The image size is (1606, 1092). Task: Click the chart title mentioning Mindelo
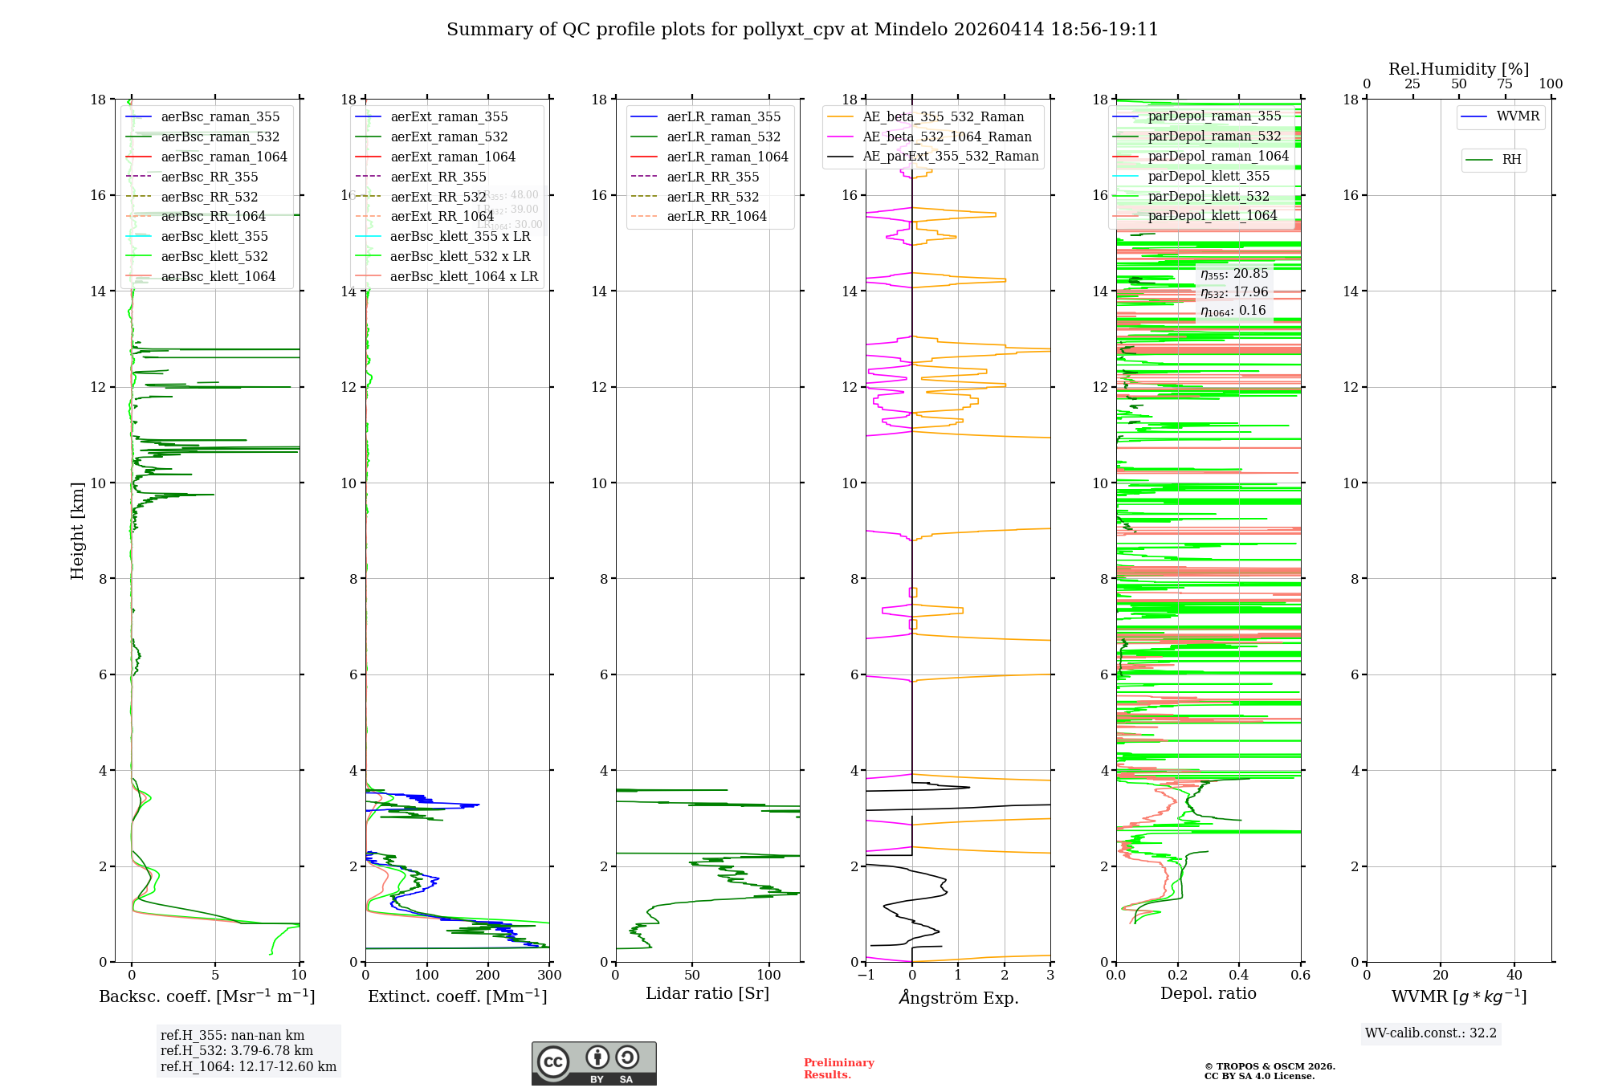pos(802,30)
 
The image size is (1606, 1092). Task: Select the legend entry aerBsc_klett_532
pos(214,256)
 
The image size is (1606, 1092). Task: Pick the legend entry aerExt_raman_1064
pos(453,157)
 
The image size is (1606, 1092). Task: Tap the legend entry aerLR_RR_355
pos(712,177)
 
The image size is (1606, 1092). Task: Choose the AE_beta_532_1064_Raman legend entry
pos(947,136)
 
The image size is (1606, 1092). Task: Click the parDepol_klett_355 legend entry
pos(1209,176)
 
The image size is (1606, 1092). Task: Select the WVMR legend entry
pos(1518,116)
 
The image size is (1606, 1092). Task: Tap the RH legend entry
pos(1511,160)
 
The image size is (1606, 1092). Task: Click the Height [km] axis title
pos(77,530)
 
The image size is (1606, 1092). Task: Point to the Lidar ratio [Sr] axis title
pos(707,993)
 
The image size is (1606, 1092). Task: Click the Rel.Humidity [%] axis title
pos(1458,69)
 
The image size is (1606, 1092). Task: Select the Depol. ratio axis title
pos(1208,993)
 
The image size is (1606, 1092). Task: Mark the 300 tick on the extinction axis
pos(549,975)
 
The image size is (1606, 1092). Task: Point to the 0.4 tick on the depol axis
pos(1239,975)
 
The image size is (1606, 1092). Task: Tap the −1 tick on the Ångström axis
pos(866,975)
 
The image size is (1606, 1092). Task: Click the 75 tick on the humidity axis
pos(1504,84)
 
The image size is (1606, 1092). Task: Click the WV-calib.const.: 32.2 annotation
pos(1430,1033)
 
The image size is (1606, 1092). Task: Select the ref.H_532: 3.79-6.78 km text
pos(236,1050)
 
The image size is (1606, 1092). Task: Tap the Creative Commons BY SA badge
pos(593,1063)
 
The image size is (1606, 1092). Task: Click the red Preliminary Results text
pos(838,1068)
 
